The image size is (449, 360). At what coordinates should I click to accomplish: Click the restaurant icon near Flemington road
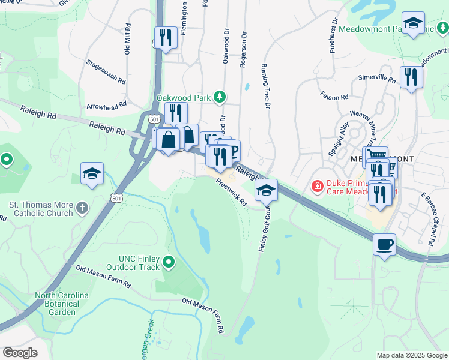166,38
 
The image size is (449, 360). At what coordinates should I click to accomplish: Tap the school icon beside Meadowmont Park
412,24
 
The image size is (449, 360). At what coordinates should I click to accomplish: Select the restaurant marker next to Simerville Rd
411,77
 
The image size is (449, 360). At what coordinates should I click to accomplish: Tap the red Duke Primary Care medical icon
316,187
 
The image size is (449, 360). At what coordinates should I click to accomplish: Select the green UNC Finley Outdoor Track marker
169,261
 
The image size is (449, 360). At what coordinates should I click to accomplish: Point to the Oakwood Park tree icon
220,97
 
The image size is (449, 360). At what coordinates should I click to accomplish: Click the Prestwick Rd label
232,194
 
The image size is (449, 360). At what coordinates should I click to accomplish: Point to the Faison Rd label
335,97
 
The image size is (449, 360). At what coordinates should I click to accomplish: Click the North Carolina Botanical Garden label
62,304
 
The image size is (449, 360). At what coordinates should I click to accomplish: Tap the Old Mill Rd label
128,40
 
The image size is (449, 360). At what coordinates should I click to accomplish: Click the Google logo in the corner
20,353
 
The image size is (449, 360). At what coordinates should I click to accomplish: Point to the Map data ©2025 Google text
411,355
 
